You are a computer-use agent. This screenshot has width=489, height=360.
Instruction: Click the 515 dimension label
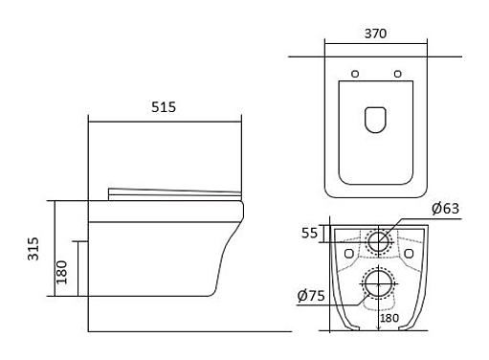point(164,107)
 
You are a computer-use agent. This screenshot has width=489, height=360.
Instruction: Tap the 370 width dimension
point(375,34)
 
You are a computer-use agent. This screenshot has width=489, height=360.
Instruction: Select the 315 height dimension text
point(33,249)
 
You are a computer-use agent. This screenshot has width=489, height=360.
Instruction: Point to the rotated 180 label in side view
point(62,272)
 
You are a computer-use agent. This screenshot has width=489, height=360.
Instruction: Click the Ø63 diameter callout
point(445,209)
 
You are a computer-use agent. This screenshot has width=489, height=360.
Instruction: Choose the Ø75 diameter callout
point(311,296)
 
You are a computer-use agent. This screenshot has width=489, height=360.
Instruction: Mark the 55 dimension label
point(309,233)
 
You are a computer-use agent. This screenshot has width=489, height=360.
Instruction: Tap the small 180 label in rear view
point(389,318)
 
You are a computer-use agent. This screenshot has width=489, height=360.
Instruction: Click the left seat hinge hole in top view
point(355,74)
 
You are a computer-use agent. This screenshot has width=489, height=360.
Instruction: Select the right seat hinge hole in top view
point(397,74)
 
